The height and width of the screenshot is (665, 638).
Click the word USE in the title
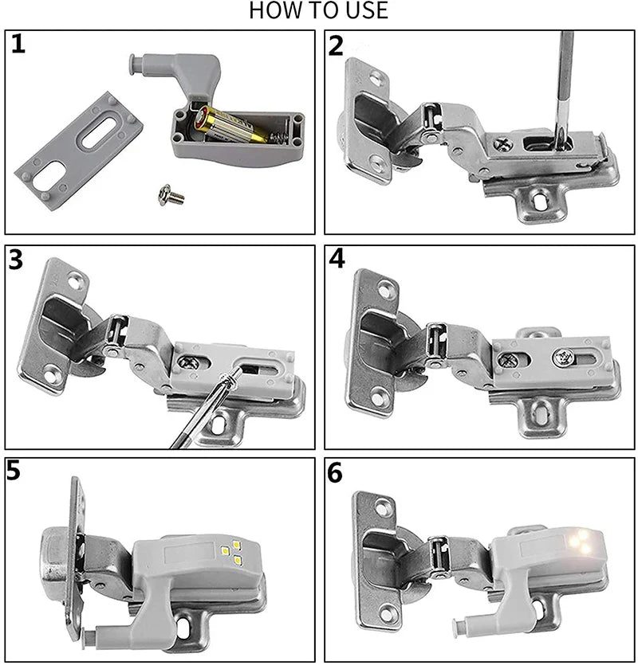tap(365, 10)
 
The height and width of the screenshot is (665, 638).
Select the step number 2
tap(337, 45)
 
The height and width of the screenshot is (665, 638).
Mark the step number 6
tap(336, 472)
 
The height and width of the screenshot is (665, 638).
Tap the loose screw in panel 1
tap(171, 193)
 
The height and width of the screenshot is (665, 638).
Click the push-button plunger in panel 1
tap(138, 63)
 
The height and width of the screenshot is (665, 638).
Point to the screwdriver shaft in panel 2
tap(564, 80)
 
